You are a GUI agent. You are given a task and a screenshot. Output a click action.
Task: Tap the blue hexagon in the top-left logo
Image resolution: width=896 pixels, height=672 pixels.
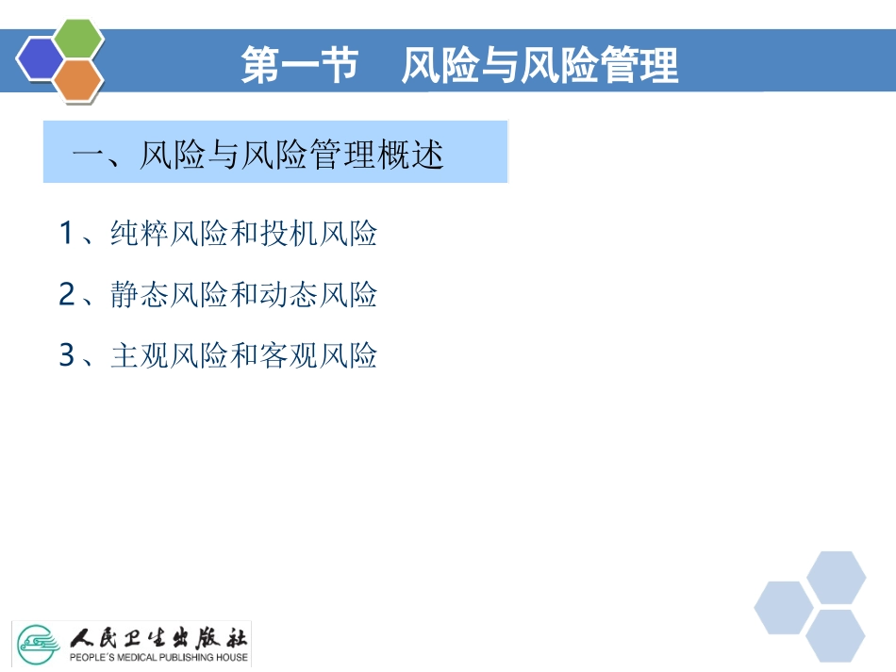pyautogui.click(x=41, y=60)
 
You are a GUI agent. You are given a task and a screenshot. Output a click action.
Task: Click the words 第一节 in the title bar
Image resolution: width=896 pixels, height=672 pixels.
pyautogui.click(x=299, y=67)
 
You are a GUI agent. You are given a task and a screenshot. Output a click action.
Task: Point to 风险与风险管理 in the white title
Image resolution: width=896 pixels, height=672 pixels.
pyautogui.click(x=539, y=67)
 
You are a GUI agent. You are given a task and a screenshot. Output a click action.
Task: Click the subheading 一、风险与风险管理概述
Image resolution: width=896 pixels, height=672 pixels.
pyautogui.click(x=257, y=155)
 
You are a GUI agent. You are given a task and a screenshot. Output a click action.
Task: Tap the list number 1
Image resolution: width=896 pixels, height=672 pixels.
pyautogui.click(x=66, y=233)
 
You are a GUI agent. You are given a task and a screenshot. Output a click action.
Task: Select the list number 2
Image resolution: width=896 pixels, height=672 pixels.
pyautogui.click(x=66, y=295)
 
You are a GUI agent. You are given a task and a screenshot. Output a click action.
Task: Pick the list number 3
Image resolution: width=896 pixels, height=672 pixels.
pyautogui.click(x=66, y=355)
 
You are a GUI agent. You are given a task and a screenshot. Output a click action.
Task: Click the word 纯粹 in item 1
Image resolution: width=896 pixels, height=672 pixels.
pyautogui.click(x=140, y=233)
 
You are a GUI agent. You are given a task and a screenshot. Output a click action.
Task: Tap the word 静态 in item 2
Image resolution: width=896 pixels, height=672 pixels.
pyautogui.click(x=140, y=295)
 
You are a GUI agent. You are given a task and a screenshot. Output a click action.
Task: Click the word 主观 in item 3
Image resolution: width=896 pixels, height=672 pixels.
pyautogui.click(x=140, y=355)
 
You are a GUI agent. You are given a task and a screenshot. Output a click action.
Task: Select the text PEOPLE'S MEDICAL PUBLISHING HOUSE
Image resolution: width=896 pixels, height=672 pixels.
pyautogui.click(x=159, y=657)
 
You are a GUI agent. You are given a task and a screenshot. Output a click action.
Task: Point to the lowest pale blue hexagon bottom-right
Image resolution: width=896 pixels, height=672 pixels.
pyautogui.click(x=835, y=634)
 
